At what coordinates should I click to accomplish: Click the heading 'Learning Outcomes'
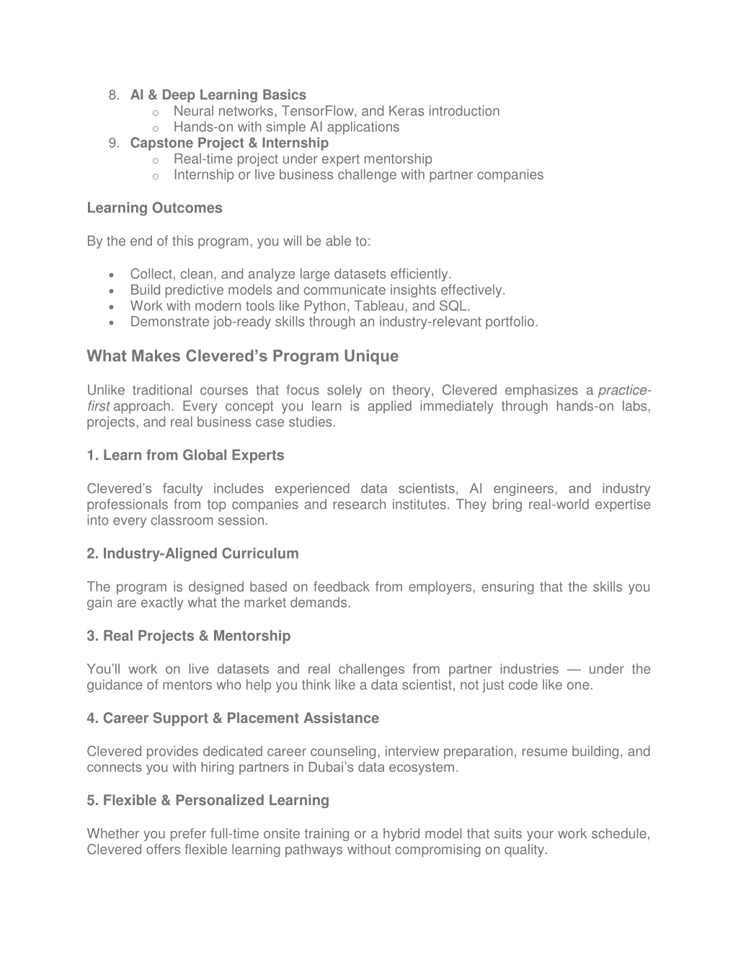click(154, 208)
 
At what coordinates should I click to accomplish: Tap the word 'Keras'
click(406, 111)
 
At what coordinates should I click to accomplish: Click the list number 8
click(113, 95)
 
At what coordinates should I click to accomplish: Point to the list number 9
click(113, 143)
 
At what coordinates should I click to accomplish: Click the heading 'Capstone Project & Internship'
click(229, 143)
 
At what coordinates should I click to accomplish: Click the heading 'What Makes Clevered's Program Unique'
click(242, 356)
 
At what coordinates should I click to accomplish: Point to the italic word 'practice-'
click(624, 391)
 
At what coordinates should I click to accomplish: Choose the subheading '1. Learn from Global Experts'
click(185, 456)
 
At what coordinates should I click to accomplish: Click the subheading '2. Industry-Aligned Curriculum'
click(192, 554)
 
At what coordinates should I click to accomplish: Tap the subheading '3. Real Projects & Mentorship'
click(189, 636)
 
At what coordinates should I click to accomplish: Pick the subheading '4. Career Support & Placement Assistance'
click(233, 718)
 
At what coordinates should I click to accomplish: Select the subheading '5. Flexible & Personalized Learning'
click(208, 800)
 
